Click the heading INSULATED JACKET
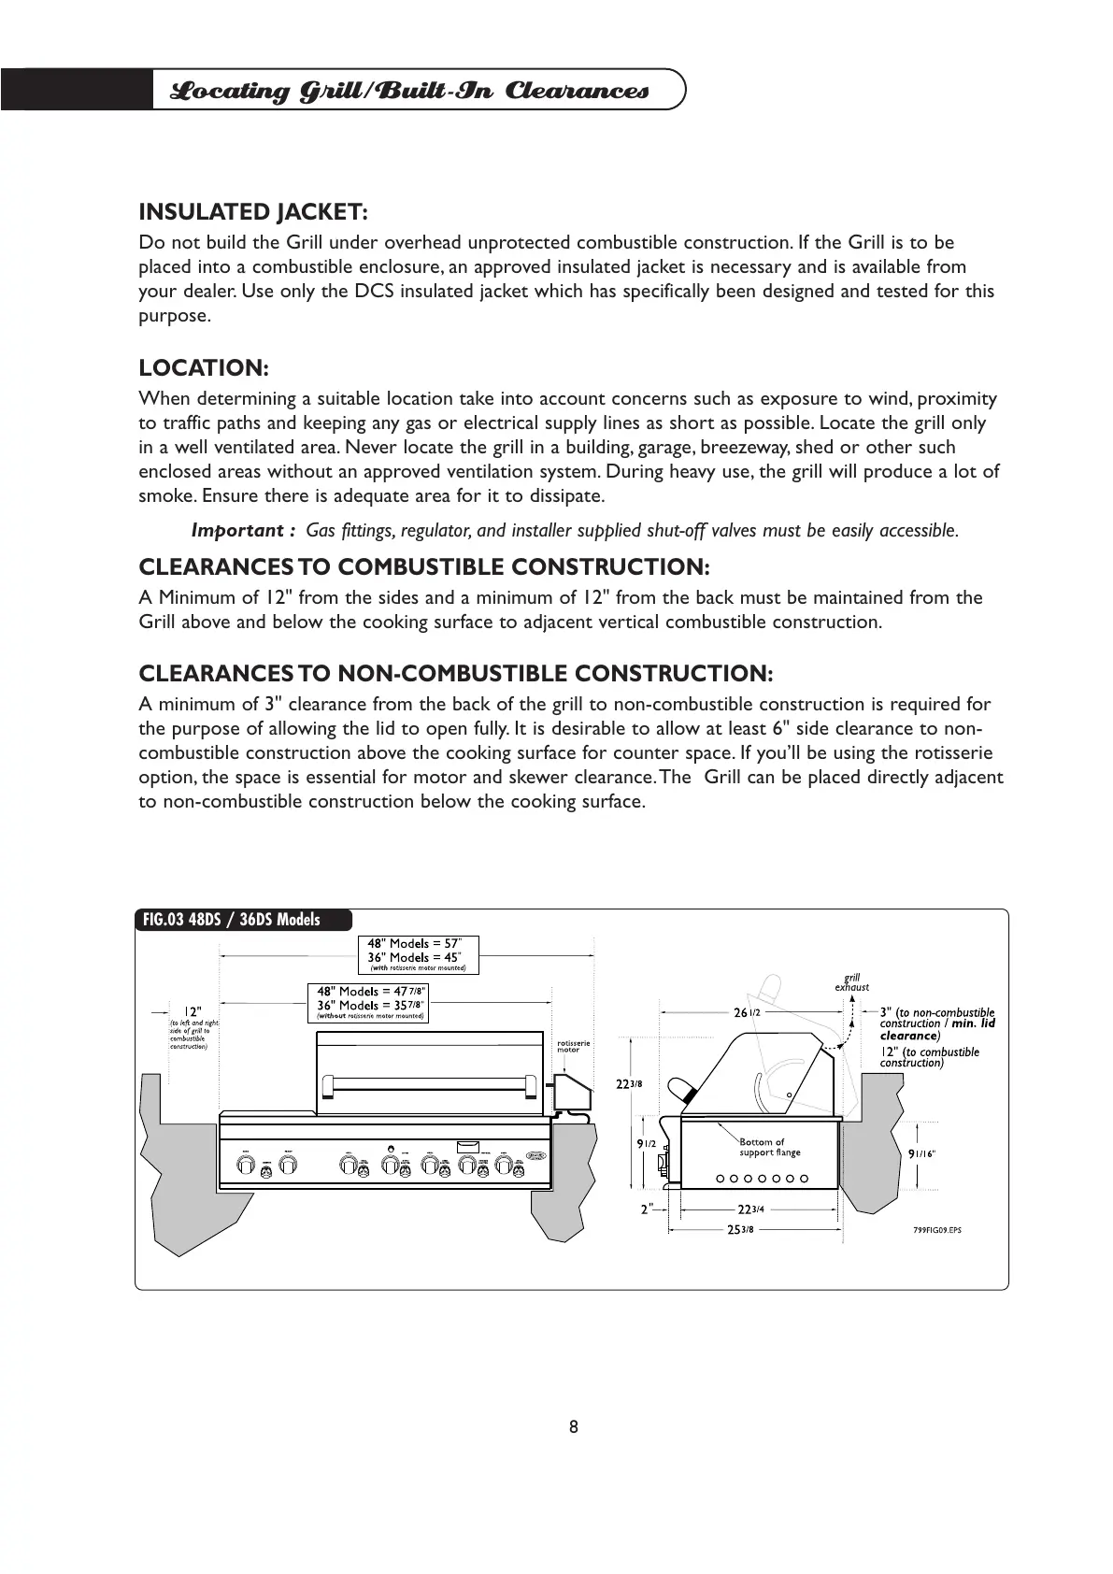[253, 212]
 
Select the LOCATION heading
[204, 368]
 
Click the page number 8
[573, 1426]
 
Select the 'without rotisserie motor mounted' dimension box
[368, 1002]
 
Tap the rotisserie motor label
[567, 1046]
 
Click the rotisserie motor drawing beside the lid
[571, 1091]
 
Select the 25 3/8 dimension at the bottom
[742, 1229]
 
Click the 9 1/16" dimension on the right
[922, 1153]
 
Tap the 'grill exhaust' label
[851, 982]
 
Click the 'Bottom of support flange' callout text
[770, 1147]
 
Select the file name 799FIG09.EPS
[936, 1229]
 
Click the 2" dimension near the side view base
[646, 1209]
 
